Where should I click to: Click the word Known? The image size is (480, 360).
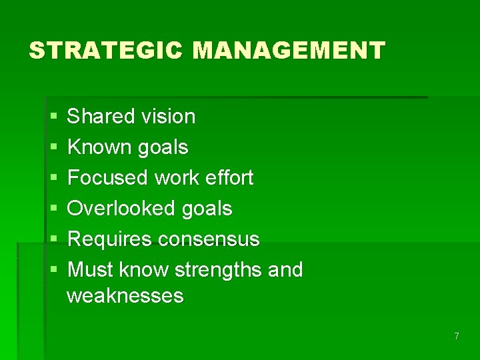pos(100,147)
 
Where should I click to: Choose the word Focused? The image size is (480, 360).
pos(108,178)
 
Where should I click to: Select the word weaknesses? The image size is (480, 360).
pos(125,295)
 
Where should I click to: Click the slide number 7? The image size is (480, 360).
pos(457,336)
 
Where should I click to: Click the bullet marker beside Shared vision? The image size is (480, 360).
pos(53,117)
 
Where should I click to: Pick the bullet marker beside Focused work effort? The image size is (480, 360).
pos(53,179)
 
